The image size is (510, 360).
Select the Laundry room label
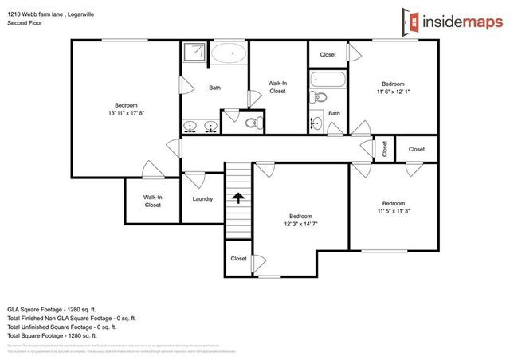pyautogui.click(x=202, y=198)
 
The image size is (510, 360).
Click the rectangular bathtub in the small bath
pyautogui.click(x=328, y=80)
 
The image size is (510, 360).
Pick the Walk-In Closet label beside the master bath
pyautogui.click(x=277, y=87)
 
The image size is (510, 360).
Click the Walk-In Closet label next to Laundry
pyautogui.click(x=152, y=201)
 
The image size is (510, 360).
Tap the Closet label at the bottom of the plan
pyautogui.click(x=238, y=259)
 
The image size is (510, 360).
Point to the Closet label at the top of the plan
pyautogui.click(x=328, y=54)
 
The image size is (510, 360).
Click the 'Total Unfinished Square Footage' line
pyautogui.click(x=61, y=327)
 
